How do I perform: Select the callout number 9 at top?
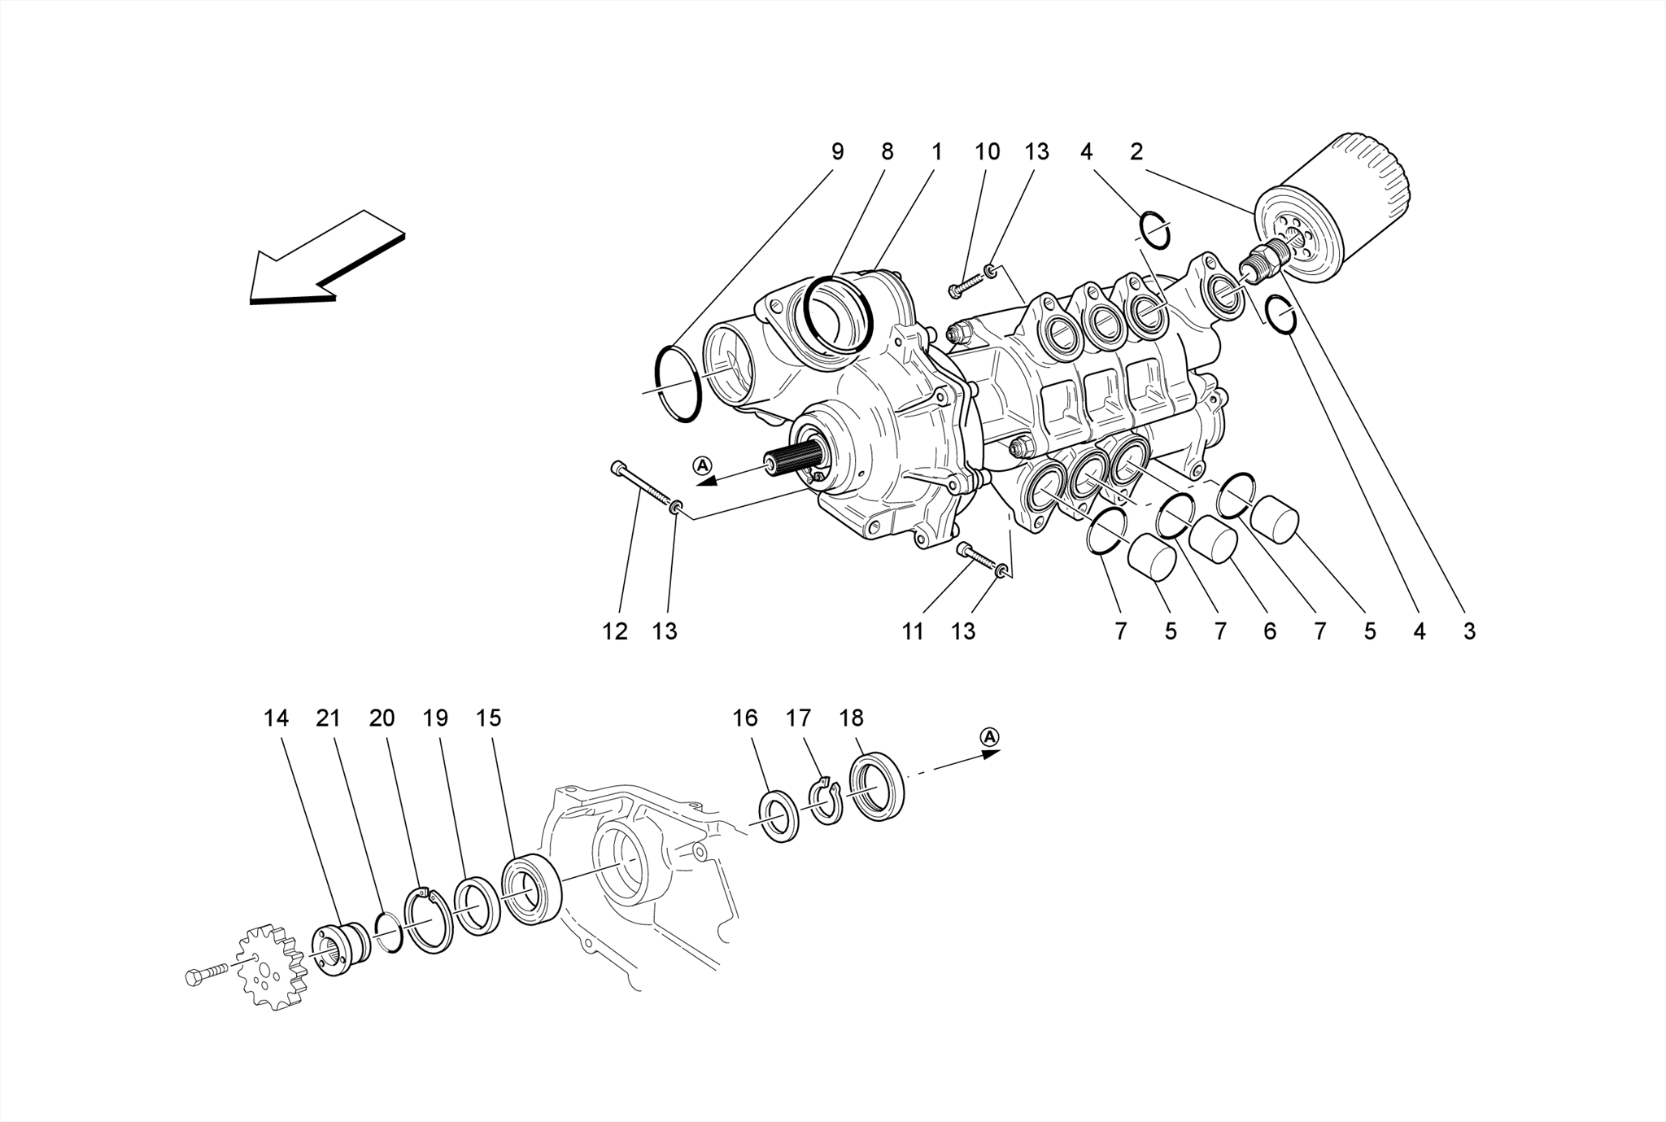pos(837,151)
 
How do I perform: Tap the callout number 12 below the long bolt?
pos(615,631)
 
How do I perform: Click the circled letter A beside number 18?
pos(989,736)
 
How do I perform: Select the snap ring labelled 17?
pos(826,802)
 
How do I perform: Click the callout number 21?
pos(328,718)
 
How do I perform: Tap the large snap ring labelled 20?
pos(429,920)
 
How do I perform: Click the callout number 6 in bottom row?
pos(1270,631)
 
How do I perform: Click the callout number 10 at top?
pos(987,151)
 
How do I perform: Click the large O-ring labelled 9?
pos(678,383)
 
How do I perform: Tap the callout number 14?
pos(276,718)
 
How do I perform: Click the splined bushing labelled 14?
pos(342,949)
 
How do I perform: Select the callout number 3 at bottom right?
pos(1469,631)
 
